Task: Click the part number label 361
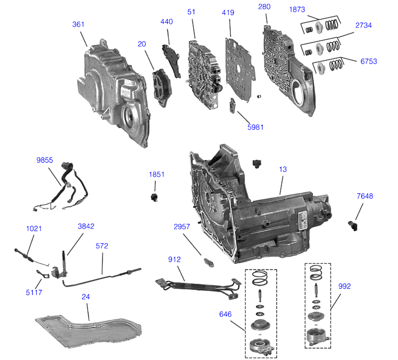coord(79,25)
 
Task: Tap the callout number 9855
coord(45,160)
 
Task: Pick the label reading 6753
coord(368,61)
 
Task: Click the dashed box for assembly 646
coord(261,312)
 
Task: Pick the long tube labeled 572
coord(102,273)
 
